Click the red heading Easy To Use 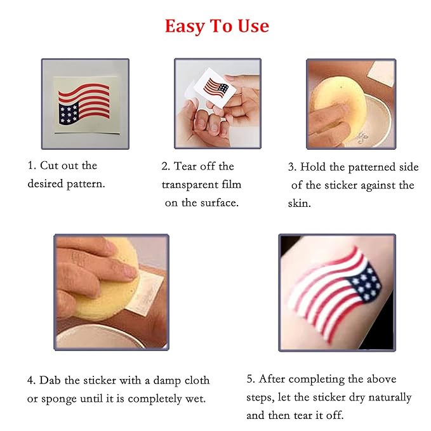click(216, 26)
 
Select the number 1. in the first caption click(32, 166)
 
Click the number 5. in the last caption click(251, 379)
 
